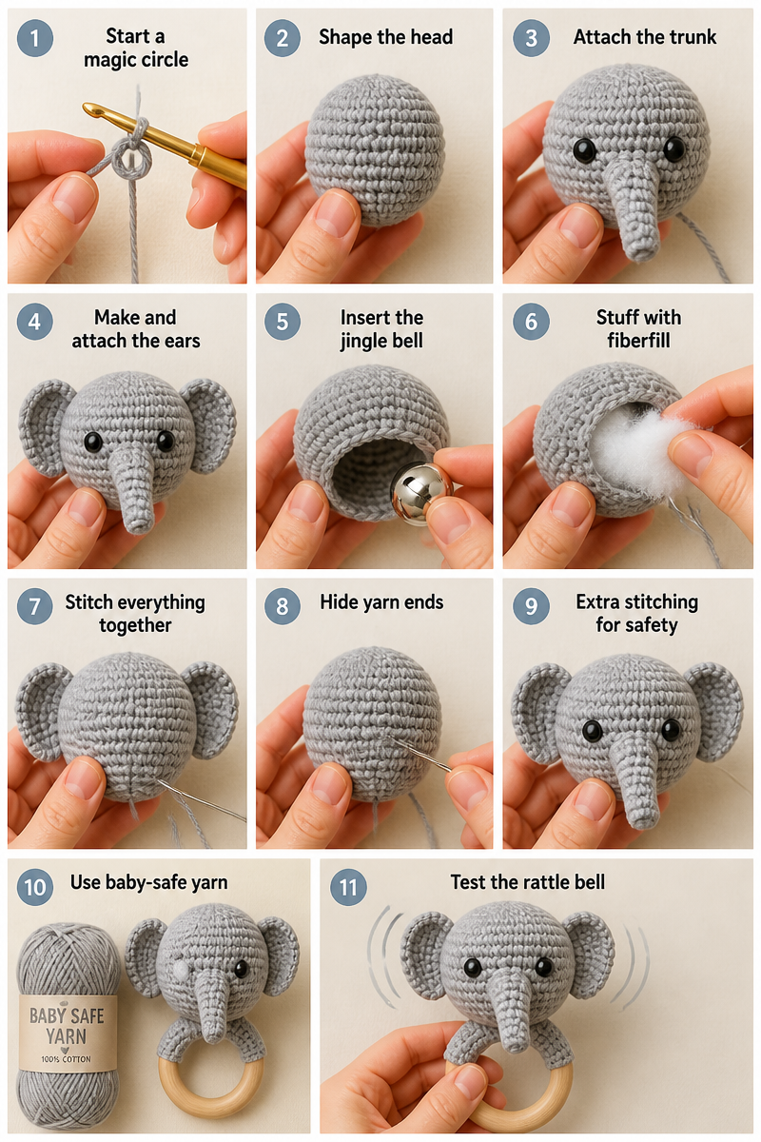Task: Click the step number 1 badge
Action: (34, 38)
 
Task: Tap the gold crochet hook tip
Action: (87, 108)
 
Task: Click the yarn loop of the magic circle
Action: (131, 159)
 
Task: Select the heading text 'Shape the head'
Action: (385, 37)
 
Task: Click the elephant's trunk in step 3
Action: (633, 209)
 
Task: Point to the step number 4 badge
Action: (34, 322)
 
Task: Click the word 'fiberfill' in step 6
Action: (638, 340)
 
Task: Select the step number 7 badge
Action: (34, 606)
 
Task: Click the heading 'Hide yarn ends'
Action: (381, 602)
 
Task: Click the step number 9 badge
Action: (531, 606)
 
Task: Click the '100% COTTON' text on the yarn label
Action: (67, 1059)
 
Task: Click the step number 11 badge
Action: (348, 888)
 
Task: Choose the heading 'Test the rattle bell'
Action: (528, 882)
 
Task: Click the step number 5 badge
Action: (283, 322)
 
